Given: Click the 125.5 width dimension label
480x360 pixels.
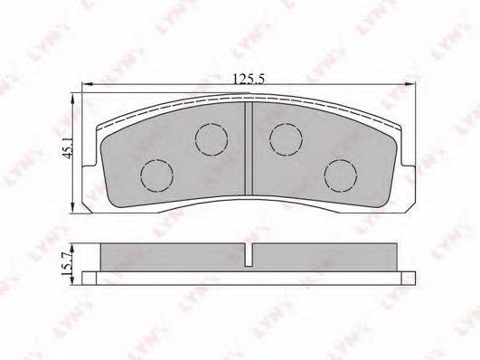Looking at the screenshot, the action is [x=249, y=80].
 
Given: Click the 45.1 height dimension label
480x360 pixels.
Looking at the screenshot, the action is [x=68, y=147].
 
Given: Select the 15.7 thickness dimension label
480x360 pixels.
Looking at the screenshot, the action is [x=66, y=263].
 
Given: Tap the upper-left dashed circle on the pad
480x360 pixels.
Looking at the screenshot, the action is [x=212, y=139].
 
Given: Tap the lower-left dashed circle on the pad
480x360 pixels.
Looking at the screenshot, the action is [x=156, y=175].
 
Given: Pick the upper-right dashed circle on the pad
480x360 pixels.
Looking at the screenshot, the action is [x=286, y=139].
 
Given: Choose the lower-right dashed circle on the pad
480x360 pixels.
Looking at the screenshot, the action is [x=341, y=175].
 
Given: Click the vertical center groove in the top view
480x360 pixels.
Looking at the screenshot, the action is [x=249, y=148].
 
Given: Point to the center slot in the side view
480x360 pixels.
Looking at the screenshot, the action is [x=249, y=254].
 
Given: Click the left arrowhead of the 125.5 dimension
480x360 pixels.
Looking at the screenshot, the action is [x=88, y=83].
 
